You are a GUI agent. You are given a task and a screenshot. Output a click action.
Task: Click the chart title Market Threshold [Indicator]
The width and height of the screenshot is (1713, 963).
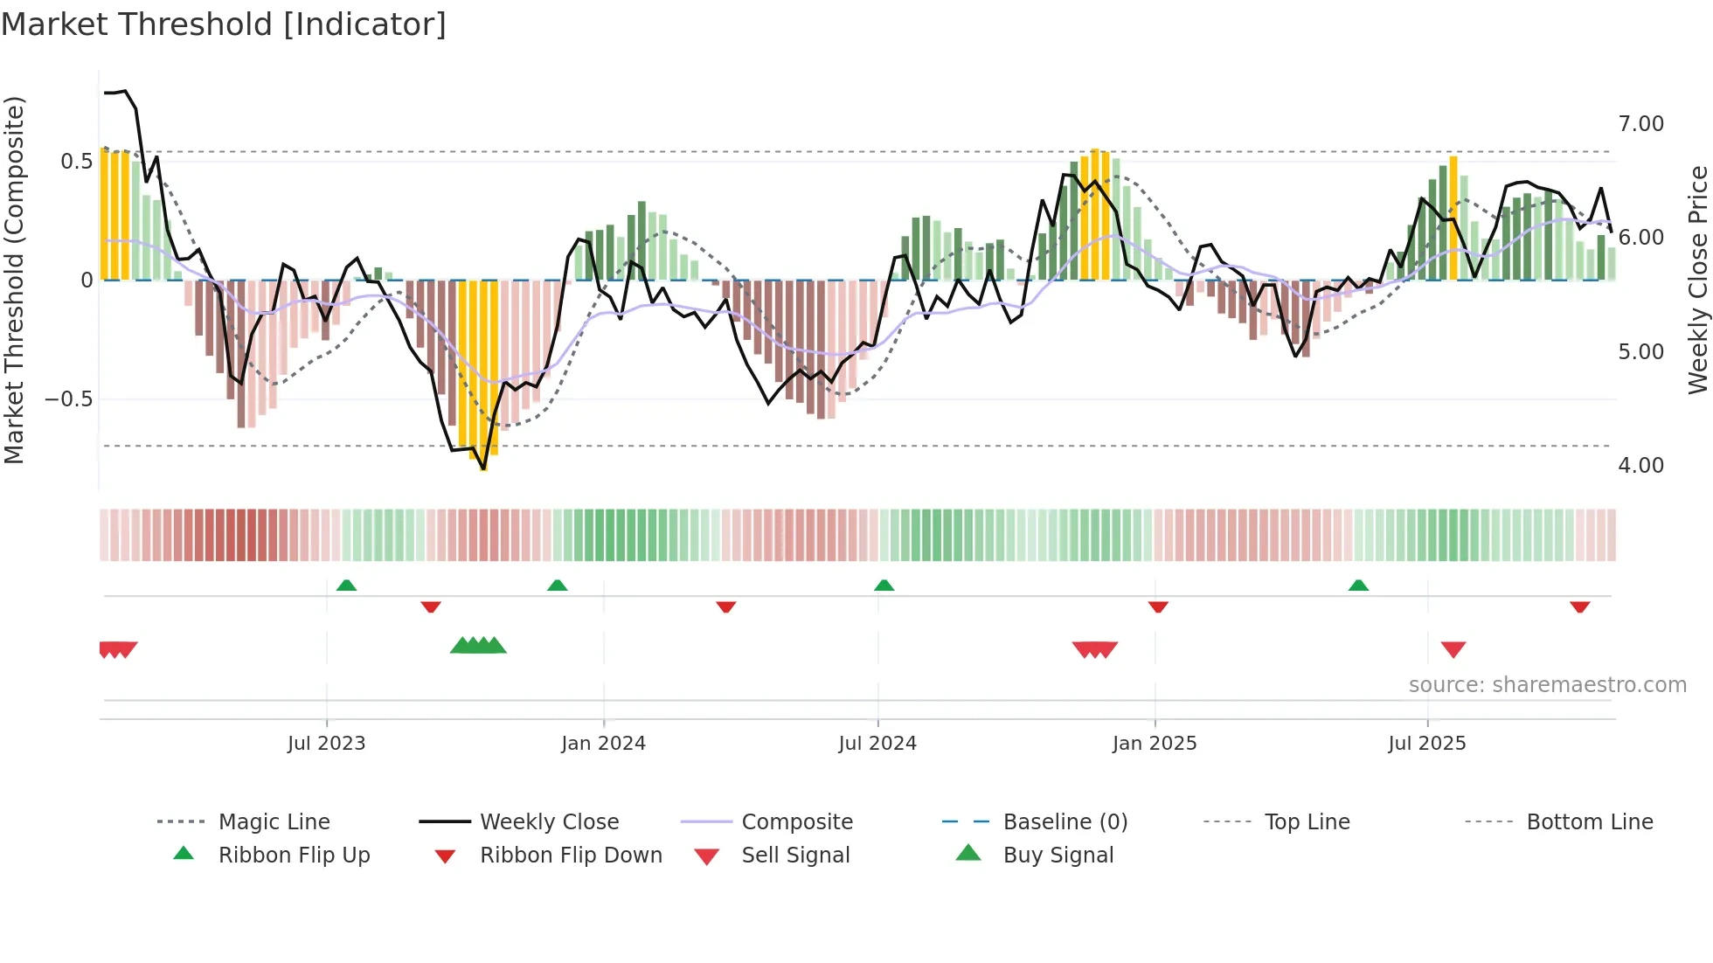pos(224,24)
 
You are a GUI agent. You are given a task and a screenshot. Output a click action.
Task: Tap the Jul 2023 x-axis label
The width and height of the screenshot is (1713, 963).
pos(326,744)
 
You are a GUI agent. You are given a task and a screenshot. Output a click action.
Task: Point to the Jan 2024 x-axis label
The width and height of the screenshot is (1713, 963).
pos(603,744)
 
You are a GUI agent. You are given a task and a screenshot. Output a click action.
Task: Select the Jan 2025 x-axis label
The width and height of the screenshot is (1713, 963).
pos(1155,744)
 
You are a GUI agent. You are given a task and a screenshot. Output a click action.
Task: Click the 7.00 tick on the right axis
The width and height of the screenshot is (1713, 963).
pos(1640,124)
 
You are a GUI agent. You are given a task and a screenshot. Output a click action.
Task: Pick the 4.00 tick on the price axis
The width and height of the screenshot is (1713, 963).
pos(1640,466)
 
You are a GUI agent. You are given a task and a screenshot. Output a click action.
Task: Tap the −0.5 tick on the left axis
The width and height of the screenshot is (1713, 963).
pos(68,399)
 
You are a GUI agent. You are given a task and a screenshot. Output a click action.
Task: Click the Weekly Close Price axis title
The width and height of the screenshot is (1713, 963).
pos(1697,280)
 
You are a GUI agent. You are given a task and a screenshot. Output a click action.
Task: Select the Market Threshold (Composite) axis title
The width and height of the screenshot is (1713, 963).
pos(14,280)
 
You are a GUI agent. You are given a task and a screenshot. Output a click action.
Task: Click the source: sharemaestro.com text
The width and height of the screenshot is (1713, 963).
pos(1547,685)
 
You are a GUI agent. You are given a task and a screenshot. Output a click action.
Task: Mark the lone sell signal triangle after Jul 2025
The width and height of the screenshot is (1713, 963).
pos(1453,649)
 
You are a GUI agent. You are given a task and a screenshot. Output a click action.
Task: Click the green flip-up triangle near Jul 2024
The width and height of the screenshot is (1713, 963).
pos(884,585)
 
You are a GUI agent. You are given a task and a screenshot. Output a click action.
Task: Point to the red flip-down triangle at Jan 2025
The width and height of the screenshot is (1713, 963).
pos(1158,606)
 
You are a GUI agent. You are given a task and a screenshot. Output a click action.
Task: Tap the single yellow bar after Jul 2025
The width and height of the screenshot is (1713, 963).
pos(1453,218)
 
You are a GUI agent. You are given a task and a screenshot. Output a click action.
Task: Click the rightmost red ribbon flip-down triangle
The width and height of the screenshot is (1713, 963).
pos(1579,606)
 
